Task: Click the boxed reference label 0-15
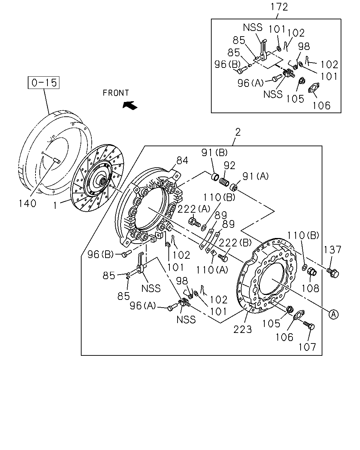click(x=44, y=83)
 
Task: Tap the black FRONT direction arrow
click(x=130, y=105)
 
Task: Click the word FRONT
click(x=116, y=93)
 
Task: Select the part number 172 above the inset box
click(x=279, y=7)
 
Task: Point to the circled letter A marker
click(x=334, y=314)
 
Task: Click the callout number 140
click(x=28, y=203)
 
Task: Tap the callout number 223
click(x=243, y=329)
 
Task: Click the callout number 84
click(x=182, y=160)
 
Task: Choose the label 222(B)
click(x=235, y=243)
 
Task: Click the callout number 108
click(x=310, y=289)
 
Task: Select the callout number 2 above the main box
click(x=238, y=132)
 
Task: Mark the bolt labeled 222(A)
click(x=194, y=221)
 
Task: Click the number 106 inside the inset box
click(x=322, y=105)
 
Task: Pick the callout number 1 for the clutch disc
click(x=55, y=206)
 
